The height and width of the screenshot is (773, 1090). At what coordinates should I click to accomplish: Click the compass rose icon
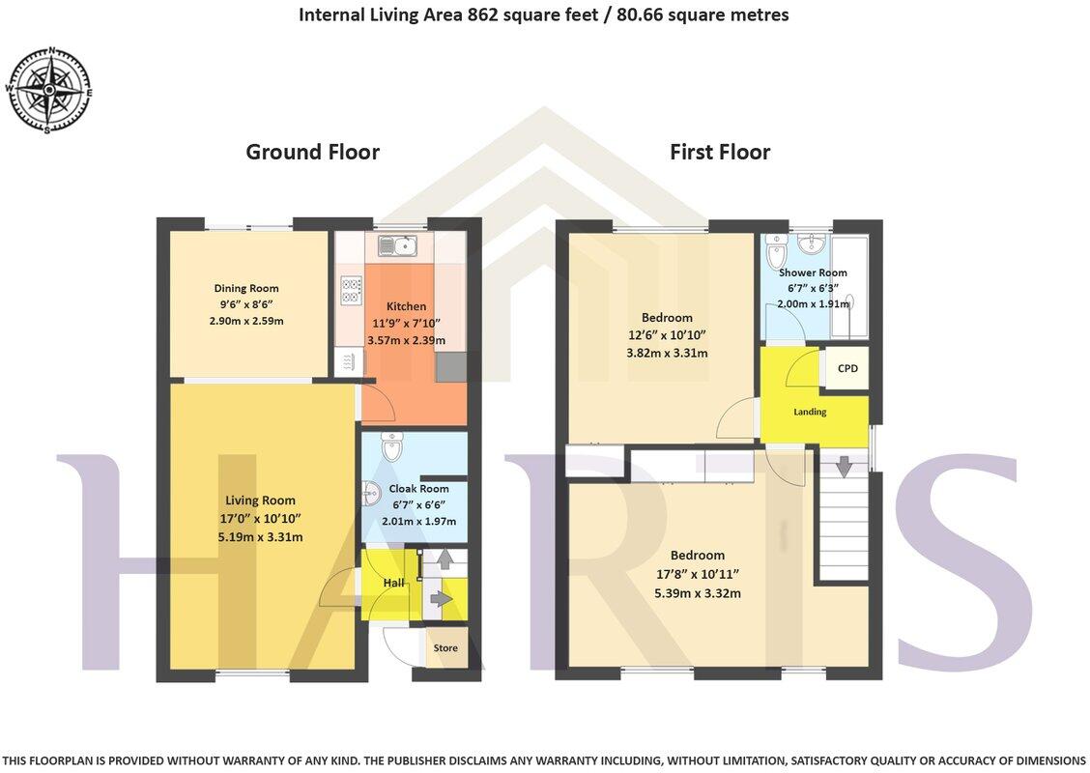click(49, 90)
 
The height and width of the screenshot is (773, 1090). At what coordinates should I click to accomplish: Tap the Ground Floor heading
click(312, 152)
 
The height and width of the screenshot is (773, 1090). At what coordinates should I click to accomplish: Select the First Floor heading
click(720, 152)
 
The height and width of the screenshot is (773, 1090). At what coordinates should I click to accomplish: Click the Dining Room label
click(246, 288)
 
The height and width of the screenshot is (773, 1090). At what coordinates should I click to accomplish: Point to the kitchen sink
click(397, 245)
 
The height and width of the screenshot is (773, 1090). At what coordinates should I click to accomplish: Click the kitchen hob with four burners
click(351, 290)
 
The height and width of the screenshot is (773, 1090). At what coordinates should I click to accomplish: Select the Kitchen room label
click(406, 306)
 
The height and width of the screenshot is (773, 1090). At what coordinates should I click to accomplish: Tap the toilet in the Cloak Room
click(391, 447)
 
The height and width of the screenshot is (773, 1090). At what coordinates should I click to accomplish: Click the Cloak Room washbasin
click(370, 495)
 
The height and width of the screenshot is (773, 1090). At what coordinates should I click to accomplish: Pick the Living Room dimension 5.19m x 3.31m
click(260, 536)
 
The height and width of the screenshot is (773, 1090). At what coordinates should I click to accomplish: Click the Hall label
click(393, 583)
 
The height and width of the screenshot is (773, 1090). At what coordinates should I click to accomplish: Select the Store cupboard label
click(445, 647)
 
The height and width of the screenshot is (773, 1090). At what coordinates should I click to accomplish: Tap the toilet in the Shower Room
click(775, 253)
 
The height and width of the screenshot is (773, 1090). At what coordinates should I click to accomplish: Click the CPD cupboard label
click(847, 368)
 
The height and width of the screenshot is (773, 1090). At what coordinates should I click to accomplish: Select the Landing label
click(810, 412)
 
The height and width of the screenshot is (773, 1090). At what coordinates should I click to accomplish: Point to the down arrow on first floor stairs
click(844, 467)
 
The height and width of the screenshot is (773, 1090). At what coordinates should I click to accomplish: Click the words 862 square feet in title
click(512, 14)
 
